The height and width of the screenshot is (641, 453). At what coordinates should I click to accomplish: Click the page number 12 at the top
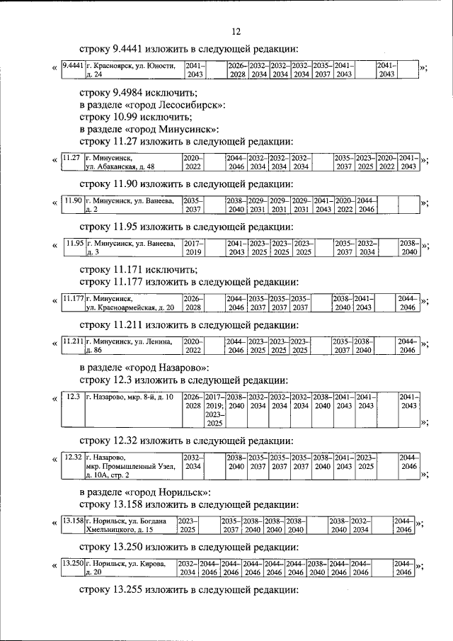click(x=236, y=30)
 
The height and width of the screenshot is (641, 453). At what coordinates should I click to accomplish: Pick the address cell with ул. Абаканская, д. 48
click(x=132, y=161)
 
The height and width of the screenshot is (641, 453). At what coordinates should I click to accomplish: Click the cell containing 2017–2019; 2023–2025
click(x=214, y=410)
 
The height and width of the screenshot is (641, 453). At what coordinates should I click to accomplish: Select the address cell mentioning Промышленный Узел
click(x=132, y=466)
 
